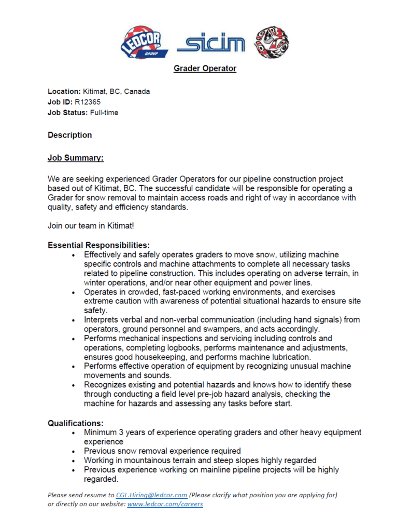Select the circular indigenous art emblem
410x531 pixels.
tap(271, 43)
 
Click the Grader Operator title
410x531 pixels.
tap(205, 68)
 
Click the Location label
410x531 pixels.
tap(64, 91)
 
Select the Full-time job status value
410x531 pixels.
tap(104, 113)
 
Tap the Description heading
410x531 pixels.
tap(69, 135)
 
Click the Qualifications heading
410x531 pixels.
tap(74, 423)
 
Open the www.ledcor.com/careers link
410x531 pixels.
tap(165, 504)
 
